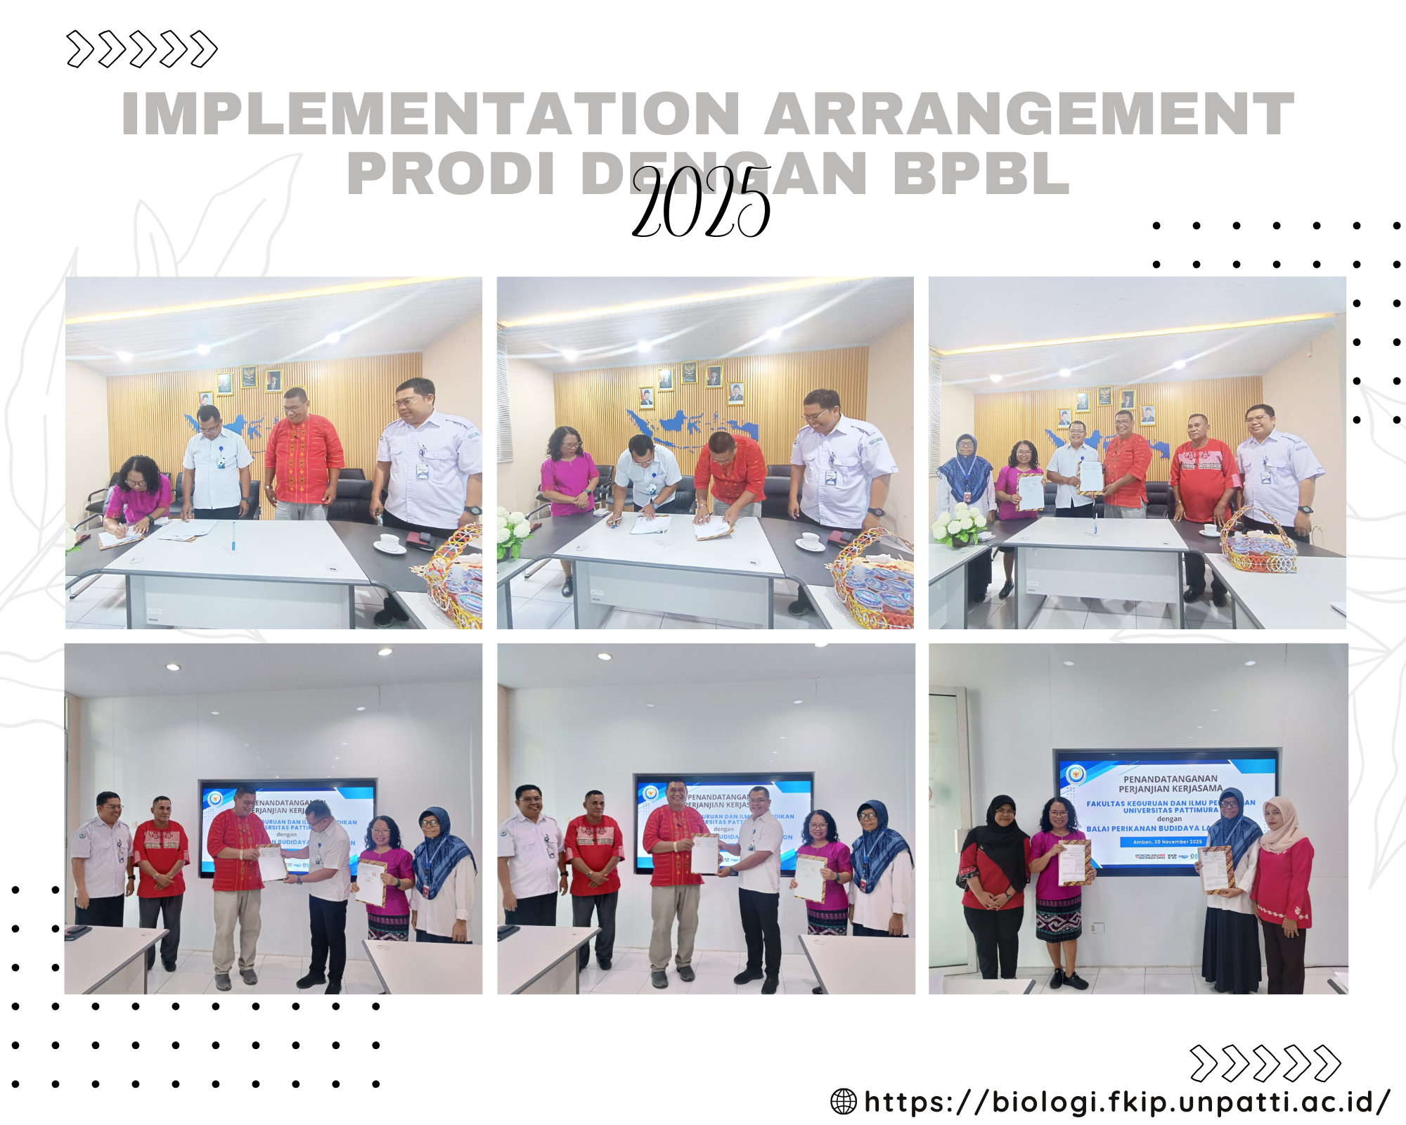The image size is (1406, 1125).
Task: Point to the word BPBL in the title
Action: [981, 174]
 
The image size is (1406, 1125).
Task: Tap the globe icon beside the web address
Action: [844, 1101]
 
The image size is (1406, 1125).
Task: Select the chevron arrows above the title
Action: [142, 49]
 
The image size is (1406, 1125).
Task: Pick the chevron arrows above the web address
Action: [1265, 1063]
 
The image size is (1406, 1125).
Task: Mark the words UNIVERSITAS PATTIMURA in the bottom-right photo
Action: [1170, 810]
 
